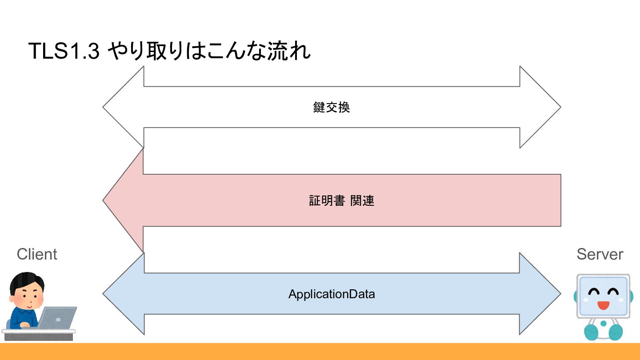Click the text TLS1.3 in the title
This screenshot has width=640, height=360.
click(64, 51)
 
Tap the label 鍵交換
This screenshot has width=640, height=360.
click(332, 108)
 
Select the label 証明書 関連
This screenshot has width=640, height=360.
click(341, 200)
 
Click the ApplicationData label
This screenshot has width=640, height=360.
click(332, 294)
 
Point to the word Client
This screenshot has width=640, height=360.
click(37, 254)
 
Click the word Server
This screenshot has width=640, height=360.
click(600, 254)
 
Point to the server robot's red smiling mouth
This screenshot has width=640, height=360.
click(603, 305)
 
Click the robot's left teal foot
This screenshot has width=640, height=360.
click(592, 332)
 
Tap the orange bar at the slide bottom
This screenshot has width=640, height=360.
click(320, 352)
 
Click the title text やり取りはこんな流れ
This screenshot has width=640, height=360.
click(209, 51)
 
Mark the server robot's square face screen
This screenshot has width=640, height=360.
click(603, 296)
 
